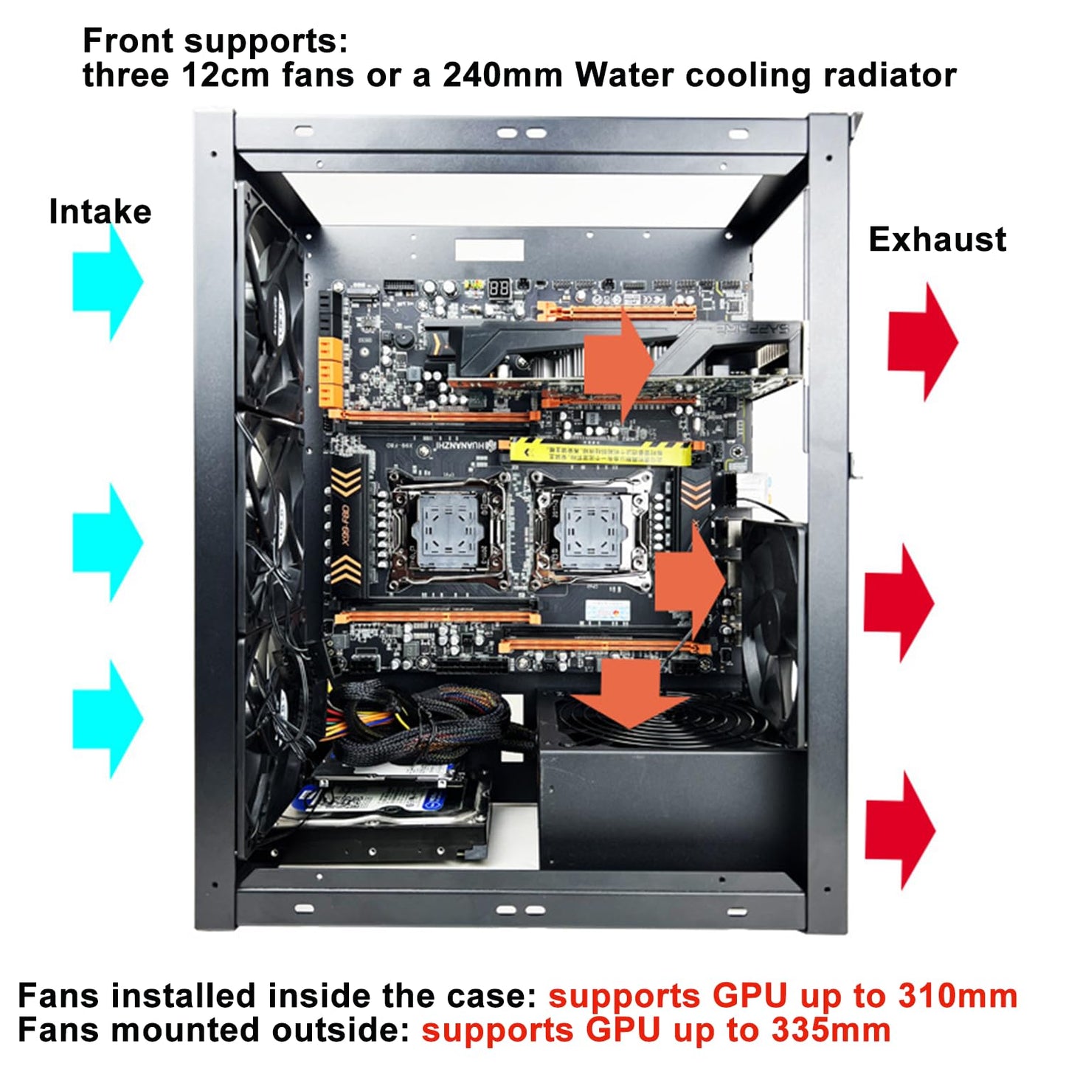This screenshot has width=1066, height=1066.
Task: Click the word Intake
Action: coord(100,212)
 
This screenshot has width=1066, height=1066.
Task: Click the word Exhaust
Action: coord(937,240)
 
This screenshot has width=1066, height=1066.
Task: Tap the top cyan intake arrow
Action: coord(109,282)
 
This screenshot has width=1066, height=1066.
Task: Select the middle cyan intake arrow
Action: coord(109,542)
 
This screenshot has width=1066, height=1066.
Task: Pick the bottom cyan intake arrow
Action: coord(109,719)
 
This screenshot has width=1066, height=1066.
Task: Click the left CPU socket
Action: coord(446,532)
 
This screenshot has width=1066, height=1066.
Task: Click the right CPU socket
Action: coord(590,530)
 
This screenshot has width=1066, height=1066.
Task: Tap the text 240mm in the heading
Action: coord(502,75)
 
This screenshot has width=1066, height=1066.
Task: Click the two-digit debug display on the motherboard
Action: coord(499,288)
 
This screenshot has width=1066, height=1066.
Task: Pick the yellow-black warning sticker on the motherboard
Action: coord(601,451)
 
